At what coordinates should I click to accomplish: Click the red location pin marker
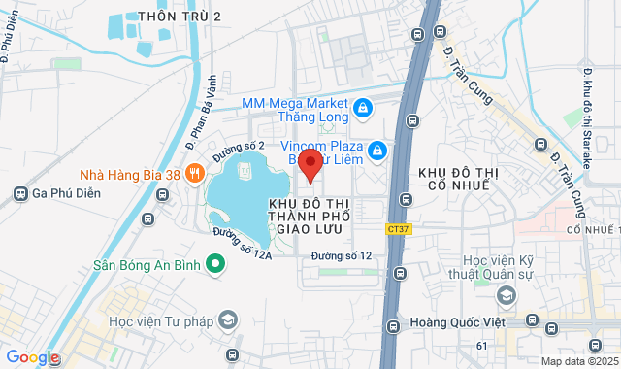[310, 163]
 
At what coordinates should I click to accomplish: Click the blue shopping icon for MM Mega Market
[362, 108]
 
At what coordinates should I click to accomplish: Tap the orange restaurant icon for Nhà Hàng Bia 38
[194, 173]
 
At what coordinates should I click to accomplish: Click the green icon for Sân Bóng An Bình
[217, 263]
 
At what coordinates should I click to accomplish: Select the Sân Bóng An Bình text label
[148, 264]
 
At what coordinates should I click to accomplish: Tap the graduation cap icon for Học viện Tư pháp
[227, 319]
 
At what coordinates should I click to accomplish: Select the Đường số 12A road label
[240, 243]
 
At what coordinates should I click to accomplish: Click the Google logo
[32, 357]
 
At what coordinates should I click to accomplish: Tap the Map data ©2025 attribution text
[578, 361]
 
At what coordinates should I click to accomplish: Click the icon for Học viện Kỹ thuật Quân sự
[505, 294]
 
